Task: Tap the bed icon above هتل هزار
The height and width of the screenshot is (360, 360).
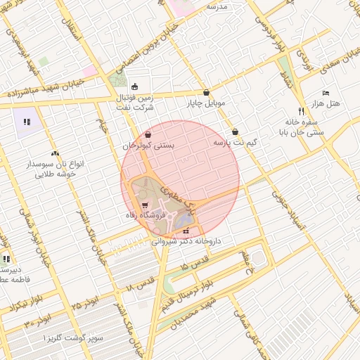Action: (325, 93)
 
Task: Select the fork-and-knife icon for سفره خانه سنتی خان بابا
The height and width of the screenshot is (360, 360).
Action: (301, 111)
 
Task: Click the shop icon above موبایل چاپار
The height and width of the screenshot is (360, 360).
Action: (206, 92)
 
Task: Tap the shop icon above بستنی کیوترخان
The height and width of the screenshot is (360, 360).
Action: (148, 135)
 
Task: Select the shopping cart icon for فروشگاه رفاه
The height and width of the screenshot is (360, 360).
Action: (145, 205)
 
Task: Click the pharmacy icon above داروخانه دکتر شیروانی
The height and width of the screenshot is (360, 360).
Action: (186, 231)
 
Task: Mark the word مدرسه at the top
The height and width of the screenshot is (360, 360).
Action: (217, 6)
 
